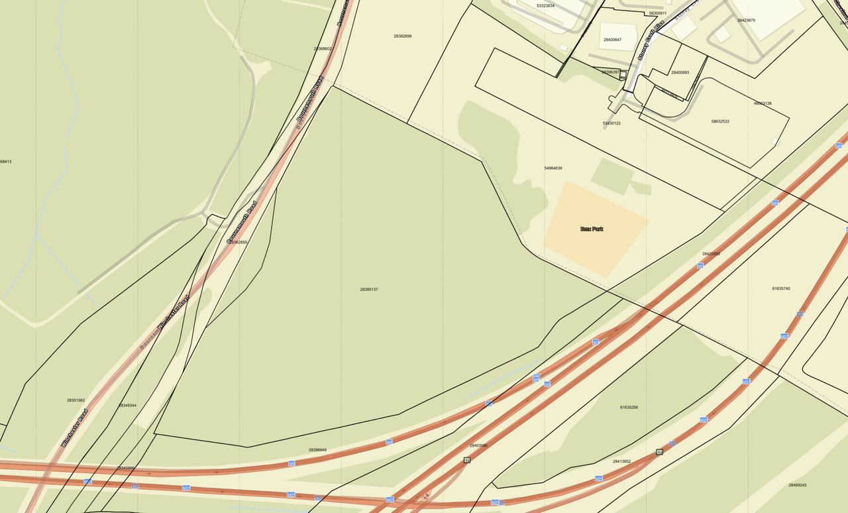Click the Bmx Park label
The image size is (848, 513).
pos(592,229)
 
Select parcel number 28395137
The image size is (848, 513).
pos(369,290)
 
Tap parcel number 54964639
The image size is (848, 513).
pos(553,168)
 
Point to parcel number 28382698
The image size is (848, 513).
pos(402,36)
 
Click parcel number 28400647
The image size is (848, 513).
pos(612,40)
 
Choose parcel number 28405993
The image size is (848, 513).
pos(680,72)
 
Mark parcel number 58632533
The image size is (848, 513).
pos(720,121)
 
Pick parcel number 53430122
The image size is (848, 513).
pos(611,123)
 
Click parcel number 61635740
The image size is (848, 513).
pos(781,288)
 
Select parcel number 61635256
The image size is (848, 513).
pos(629,407)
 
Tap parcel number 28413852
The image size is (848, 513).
pos(621,461)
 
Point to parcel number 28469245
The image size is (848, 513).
pos(798,485)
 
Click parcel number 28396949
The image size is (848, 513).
pos(317,450)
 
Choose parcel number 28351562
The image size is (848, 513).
pos(76,400)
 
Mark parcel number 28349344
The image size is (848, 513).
pos(127,405)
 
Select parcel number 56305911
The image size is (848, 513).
pos(658,13)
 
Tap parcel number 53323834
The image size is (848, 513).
pos(545,5)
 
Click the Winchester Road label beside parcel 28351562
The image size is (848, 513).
pos(74,428)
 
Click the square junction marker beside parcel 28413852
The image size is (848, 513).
pos(659,452)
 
